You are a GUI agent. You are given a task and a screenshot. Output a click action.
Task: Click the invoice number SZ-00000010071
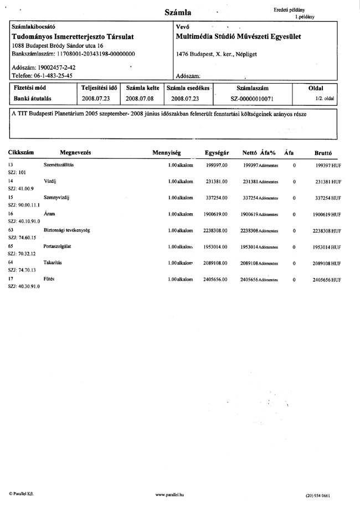[253, 99]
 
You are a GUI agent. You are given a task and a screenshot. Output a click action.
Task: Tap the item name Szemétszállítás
[59, 166]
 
